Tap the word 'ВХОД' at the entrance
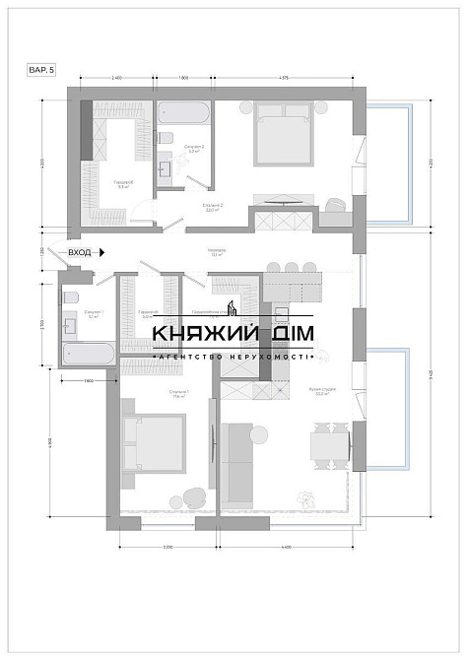(81, 253)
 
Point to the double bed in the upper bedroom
(284, 135)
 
